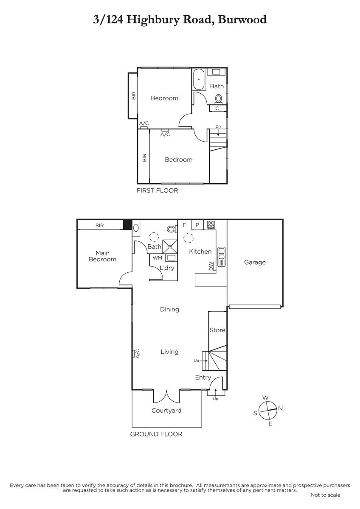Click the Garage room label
click(x=255, y=263)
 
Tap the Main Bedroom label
click(x=102, y=256)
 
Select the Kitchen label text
click(x=200, y=252)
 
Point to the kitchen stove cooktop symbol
click(x=211, y=225)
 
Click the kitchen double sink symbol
click(x=221, y=257)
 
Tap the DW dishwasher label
click(x=211, y=266)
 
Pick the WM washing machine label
click(x=157, y=258)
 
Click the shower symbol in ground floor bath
click(x=170, y=246)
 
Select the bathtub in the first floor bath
click(x=199, y=79)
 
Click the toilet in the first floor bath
click(x=219, y=99)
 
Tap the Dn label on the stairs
click(x=218, y=126)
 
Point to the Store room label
click(x=217, y=330)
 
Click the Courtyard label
click(x=166, y=411)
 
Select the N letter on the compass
click(x=281, y=408)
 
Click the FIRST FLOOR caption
click(x=157, y=190)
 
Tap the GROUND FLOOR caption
click(x=156, y=434)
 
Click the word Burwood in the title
click(x=242, y=20)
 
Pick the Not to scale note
click(x=326, y=495)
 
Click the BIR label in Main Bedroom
click(x=100, y=225)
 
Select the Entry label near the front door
click(x=203, y=378)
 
